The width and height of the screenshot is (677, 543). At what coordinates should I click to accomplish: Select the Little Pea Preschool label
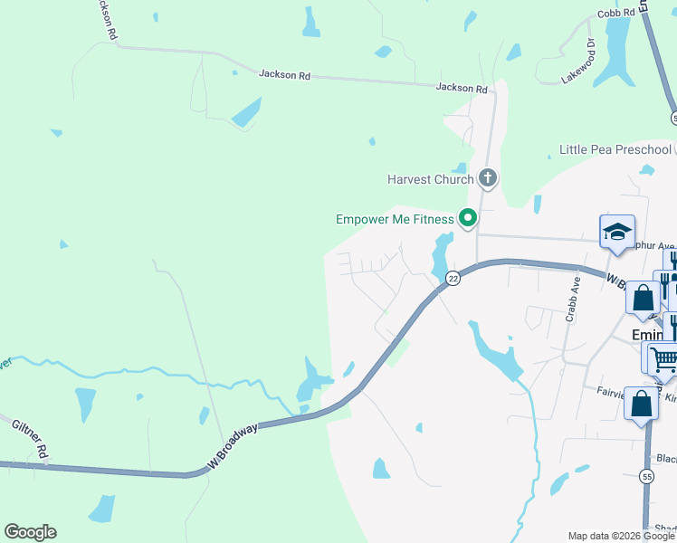(x=615, y=149)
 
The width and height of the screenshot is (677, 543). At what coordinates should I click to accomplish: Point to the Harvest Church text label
(x=430, y=179)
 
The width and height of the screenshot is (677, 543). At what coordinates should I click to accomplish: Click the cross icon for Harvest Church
(x=488, y=177)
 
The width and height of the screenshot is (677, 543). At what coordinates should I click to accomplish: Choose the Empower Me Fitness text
(x=394, y=219)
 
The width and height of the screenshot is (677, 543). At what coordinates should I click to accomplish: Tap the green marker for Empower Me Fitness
(x=468, y=217)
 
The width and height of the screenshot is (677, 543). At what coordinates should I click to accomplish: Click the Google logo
(x=30, y=532)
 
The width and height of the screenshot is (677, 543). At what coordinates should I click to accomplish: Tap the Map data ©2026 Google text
(x=622, y=536)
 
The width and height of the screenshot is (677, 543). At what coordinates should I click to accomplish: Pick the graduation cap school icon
(x=617, y=232)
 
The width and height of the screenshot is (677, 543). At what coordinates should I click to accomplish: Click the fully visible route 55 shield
(x=646, y=475)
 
